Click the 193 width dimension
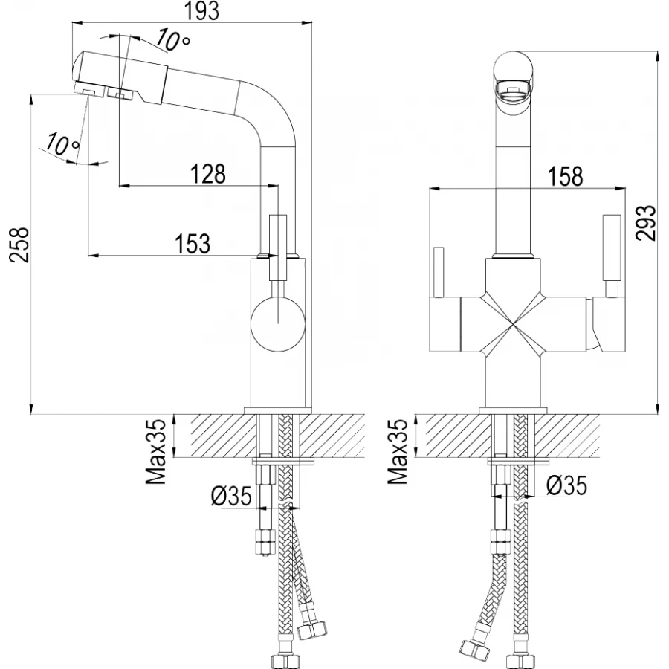pos(203,11)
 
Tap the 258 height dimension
pos(19,245)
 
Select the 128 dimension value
pos(208,174)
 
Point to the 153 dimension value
pos(193,243)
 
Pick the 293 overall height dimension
pos(644,223)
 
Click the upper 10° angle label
pos(172,40)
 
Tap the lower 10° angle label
pos(62,143)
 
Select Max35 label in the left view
pos(156,452)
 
